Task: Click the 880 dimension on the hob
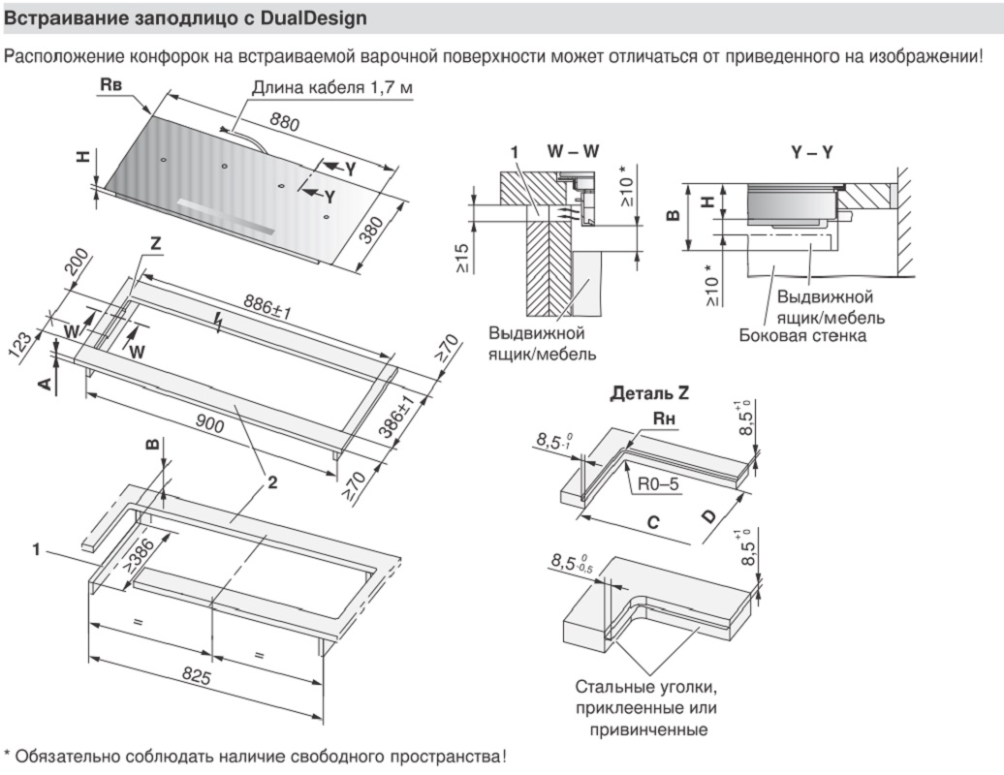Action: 285,123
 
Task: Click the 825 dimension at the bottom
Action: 197,678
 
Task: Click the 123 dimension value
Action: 21,344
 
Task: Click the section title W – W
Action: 573,152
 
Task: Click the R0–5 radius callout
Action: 657,480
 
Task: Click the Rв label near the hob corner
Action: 111,86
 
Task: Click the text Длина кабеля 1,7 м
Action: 332,88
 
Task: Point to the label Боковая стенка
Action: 802,335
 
